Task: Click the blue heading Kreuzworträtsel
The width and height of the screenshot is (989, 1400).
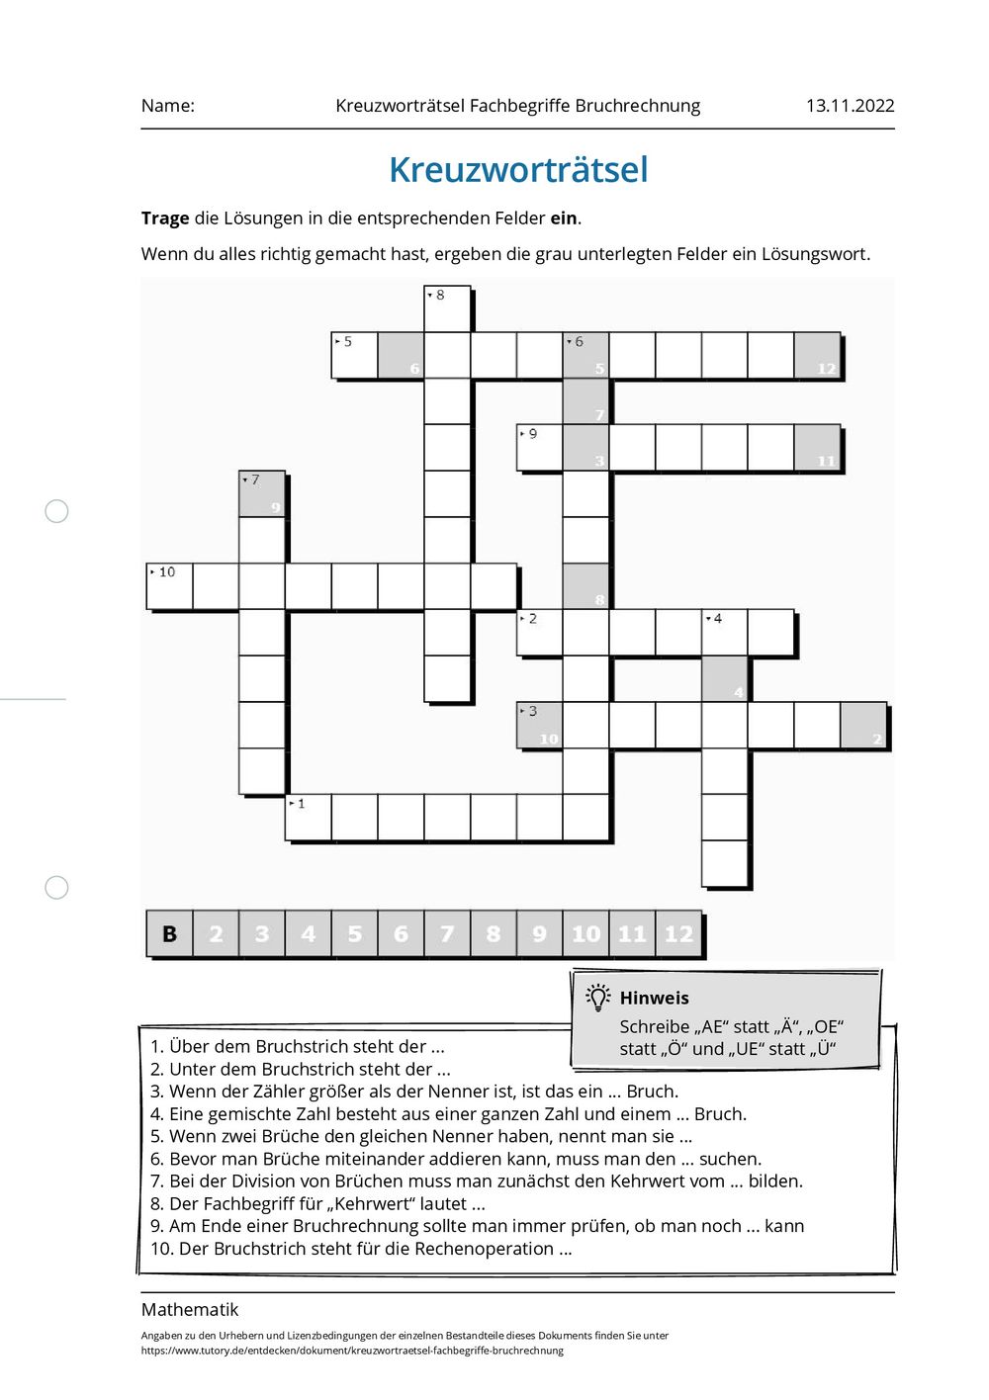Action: coord(518,170)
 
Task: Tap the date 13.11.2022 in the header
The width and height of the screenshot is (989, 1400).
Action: coord(850,106)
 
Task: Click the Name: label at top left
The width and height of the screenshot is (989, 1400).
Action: coord(168,106)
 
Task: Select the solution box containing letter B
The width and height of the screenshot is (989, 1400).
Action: coord(169,934)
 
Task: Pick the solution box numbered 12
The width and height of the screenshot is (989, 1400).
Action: coord(678,934)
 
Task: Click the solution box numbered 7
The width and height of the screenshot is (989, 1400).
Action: coord(447,934)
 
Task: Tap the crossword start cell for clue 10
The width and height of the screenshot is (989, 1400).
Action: coord(169,586)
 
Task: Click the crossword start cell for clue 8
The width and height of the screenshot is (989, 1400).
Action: coord(447,308)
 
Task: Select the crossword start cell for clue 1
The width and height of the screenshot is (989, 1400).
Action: coord(309,818)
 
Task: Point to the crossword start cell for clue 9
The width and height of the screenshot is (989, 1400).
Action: coord(540,447)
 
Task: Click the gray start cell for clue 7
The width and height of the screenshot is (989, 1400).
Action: coord(262,493)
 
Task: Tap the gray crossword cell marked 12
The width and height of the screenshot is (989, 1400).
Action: coord(818,356)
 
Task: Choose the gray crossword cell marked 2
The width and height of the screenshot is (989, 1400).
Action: coord(864,726)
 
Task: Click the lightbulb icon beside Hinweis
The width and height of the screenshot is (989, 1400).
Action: coord(597,998)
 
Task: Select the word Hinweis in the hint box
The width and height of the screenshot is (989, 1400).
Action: coord(654,999)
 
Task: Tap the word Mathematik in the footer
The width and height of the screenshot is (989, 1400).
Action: coord(190,1310)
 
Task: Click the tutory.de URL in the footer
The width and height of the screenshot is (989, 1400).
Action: coord(352,1351)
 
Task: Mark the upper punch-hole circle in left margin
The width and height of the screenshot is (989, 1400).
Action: coord(57,511)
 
